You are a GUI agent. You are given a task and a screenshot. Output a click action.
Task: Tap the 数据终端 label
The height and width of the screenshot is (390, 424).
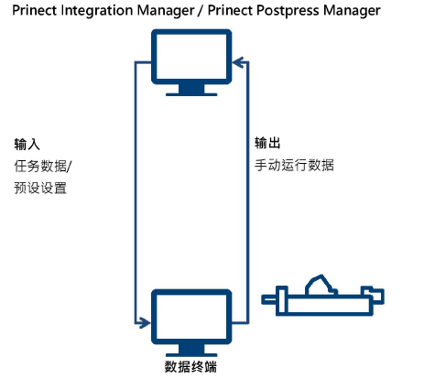[190, 368]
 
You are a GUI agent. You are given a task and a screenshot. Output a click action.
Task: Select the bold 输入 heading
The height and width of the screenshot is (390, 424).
[27, 145]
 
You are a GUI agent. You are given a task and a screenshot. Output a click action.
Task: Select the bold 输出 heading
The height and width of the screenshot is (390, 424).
[267, 145]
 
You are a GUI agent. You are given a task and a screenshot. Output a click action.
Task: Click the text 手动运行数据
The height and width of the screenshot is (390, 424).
[294, 166]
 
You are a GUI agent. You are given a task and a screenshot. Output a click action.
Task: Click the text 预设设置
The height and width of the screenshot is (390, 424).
[40, 187]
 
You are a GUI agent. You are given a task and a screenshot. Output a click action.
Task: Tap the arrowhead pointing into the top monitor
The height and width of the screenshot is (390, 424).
[238, 62]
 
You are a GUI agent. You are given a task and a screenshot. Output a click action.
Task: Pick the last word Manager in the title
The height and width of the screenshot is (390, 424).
[347, 10]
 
